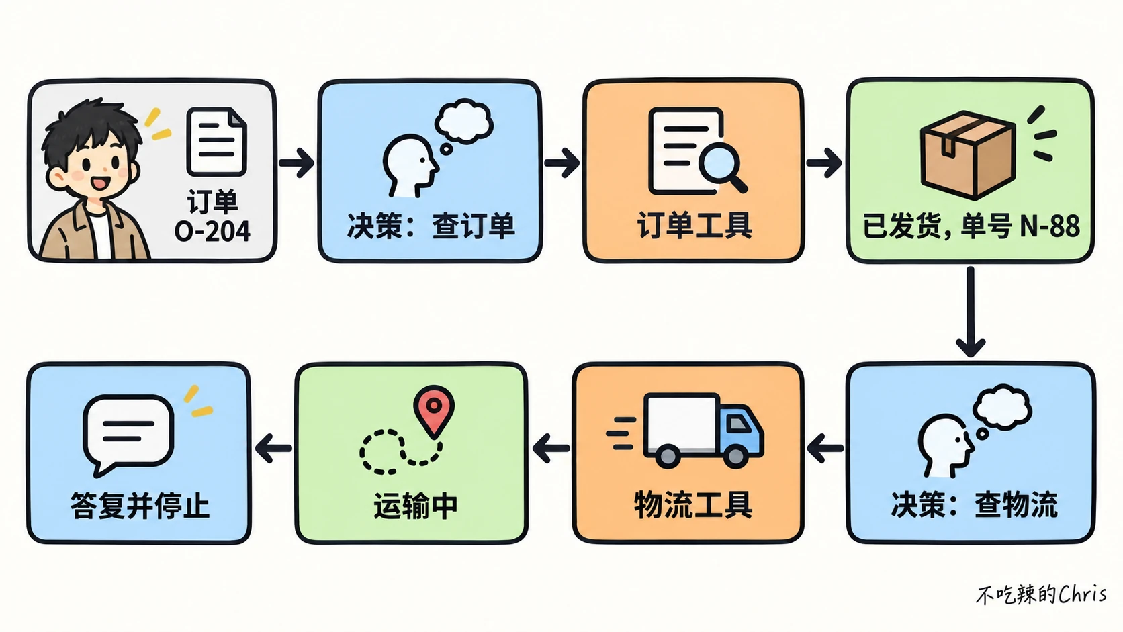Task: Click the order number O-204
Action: pos(212,232)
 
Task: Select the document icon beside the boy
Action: pos(216,142)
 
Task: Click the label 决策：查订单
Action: pos(431,226)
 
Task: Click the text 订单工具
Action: pos(694,226)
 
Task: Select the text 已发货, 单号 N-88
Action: pos(971,226)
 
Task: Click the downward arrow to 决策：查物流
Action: pos(971,312)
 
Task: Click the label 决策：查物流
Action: pos(974,504)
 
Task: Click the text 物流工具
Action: pos(693,504)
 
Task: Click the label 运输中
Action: pos(416,506)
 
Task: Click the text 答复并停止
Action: pos(140,505)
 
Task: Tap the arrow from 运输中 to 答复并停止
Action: pos(273,448)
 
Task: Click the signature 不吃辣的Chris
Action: pos(1041,594)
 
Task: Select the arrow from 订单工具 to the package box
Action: pos(824,163)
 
